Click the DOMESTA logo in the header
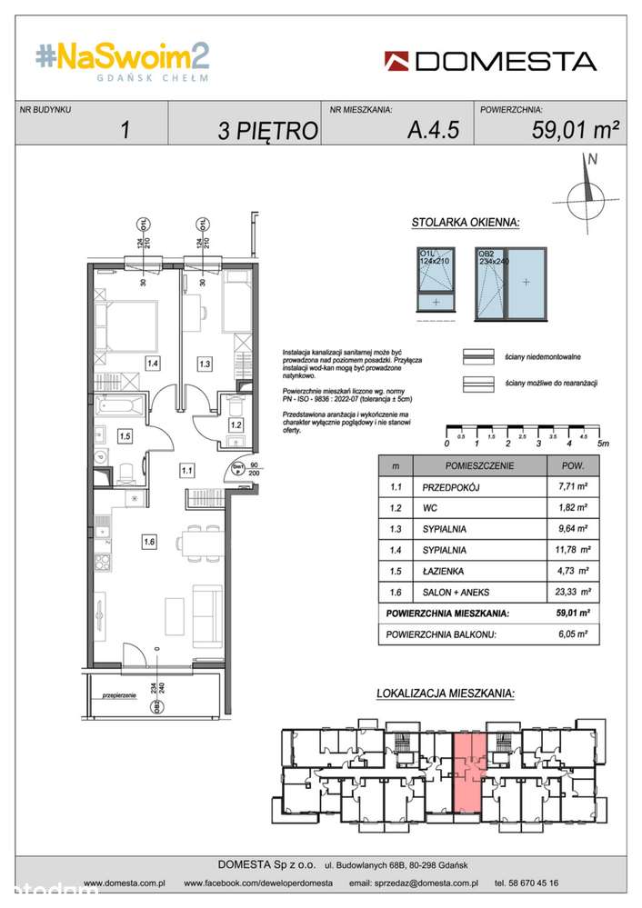(x=490, y=62)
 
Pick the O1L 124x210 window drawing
(x=436, y=281)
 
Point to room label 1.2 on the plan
(x=235, y=424)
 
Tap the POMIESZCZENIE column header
(x=480, y=465)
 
